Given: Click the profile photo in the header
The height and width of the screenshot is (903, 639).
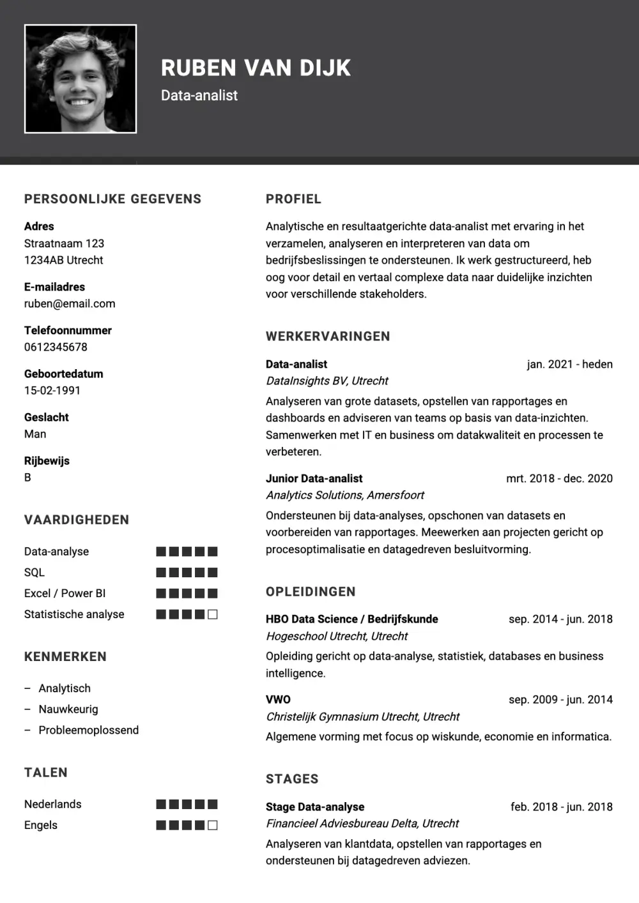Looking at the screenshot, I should pos(81,79).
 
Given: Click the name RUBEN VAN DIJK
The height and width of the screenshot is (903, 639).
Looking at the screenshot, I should pos(256,68).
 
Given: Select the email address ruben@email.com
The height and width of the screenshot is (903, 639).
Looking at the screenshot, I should pos(70,304).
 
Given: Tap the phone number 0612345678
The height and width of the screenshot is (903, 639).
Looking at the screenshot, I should pos(56,347).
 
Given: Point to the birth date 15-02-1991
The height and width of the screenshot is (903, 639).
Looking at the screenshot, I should pos(52,391).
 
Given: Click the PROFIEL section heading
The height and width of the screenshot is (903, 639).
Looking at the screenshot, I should pos(293,199).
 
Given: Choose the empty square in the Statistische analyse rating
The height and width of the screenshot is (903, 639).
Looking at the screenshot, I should pos(213,614).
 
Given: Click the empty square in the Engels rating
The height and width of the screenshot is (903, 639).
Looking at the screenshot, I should pos(213,825).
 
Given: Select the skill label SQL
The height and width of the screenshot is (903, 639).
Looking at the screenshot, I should pos(35,573).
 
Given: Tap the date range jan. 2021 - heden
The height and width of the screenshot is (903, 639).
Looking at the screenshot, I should pos(569,365).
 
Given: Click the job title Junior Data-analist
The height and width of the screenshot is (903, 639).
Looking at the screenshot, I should pos(314,479).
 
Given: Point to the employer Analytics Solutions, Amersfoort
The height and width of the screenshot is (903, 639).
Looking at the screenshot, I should pos(344,496).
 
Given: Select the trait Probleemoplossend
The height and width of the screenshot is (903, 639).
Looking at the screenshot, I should pos(88,731).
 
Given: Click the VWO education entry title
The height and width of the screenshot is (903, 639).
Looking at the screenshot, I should pos(278,700).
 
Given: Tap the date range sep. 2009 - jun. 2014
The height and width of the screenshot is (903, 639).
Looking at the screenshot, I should pos(560,700).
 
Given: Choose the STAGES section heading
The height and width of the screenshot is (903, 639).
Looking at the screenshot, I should pos(292,779).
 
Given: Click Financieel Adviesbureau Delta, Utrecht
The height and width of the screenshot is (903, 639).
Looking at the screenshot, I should pos(362,824).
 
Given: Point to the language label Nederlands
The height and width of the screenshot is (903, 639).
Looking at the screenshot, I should pos(53,805).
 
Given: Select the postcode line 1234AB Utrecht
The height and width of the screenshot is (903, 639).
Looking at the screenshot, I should pos(63,261).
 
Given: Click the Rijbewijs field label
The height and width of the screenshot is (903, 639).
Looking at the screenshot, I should pos(47,461).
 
